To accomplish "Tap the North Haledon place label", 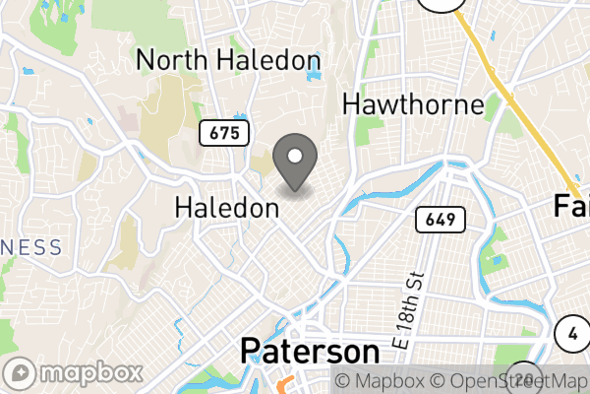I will point(228,60).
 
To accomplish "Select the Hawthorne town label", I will point(413,104).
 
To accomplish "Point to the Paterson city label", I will point(310,353).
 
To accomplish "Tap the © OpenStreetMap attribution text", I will point(509,380).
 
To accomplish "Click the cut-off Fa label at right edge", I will point(571,206).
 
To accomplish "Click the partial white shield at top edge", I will point(441,4).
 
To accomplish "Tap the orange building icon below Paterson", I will point(286,385).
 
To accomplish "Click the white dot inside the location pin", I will point(294,156).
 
